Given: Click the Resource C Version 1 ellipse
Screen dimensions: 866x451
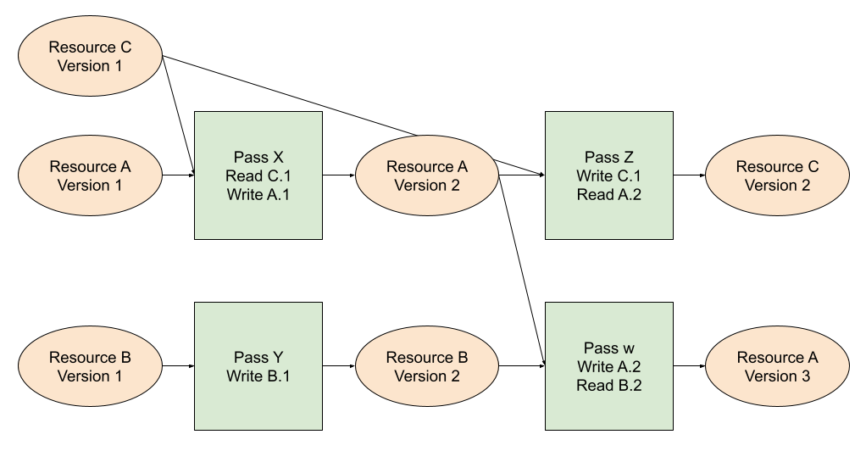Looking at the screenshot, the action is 90,56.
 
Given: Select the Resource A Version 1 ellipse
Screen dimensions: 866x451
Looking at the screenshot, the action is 90,175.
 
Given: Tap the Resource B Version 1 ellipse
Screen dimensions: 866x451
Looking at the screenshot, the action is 90,366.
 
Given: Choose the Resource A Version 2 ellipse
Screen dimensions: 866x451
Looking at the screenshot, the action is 427,175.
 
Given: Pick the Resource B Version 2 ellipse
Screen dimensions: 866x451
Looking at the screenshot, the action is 427,366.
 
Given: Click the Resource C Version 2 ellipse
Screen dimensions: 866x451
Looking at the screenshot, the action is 777,175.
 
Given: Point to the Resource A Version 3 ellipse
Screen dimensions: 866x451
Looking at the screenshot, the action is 777,366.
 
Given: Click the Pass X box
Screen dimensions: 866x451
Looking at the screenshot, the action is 258,175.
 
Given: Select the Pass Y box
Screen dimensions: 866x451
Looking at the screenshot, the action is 258,366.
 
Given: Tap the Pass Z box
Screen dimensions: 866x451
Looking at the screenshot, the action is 609,175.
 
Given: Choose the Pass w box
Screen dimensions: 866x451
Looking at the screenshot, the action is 609,366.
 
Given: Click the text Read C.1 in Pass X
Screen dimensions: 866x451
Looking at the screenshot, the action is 258,175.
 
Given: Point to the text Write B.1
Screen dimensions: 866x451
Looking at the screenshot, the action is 258,376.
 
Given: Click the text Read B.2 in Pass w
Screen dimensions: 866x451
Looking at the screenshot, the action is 609,385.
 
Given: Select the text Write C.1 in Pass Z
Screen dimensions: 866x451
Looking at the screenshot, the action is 609,175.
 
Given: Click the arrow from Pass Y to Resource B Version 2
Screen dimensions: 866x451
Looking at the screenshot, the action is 339,366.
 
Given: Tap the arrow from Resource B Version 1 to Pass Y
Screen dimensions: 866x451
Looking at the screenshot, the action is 179,366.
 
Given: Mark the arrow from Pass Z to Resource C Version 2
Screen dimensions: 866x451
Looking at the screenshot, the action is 689,175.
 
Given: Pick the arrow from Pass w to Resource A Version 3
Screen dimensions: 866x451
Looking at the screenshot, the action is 689,366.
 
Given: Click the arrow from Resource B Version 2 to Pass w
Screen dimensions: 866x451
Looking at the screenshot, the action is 522,366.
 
